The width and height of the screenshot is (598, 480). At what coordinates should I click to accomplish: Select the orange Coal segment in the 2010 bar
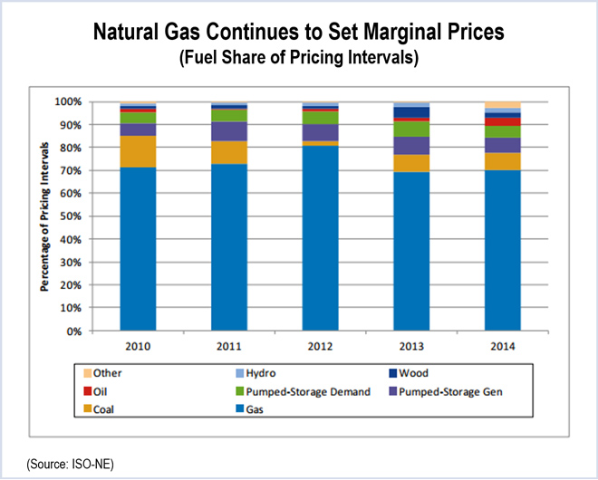[x=137, y=151]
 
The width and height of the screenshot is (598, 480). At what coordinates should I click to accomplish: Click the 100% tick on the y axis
[x=72, y=101]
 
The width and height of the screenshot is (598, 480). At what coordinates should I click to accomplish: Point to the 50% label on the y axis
[x=74, y=216]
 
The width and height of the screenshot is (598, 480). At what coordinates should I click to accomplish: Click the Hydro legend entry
[x=272, y=372]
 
